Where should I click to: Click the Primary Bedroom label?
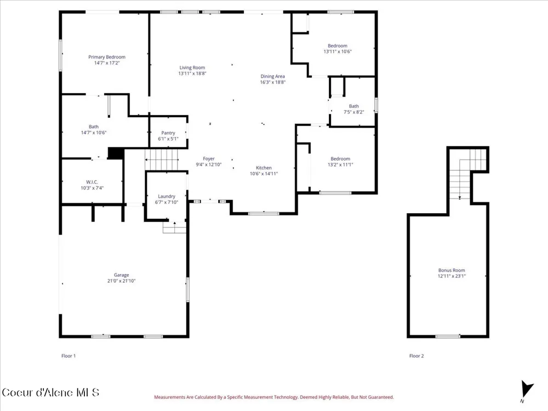(107, 57)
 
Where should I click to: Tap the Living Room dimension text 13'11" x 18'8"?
(192, 73)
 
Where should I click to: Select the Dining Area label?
(272, 76)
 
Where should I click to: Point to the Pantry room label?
(168, 133)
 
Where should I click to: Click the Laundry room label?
(167, 196)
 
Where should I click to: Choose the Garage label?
(121, 275)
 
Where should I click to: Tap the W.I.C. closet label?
(92, 182)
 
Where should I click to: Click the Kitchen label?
(264, 168)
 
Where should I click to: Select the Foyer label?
(209, 159)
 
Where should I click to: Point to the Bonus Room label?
(452, 270)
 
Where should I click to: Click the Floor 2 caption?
(416, 356)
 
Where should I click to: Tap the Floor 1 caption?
(68, 356)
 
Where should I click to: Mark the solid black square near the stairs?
(116, 153)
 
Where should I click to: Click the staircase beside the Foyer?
(162, 159)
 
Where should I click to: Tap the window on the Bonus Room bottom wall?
(448, 336)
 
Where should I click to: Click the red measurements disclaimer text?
(274, 397)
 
